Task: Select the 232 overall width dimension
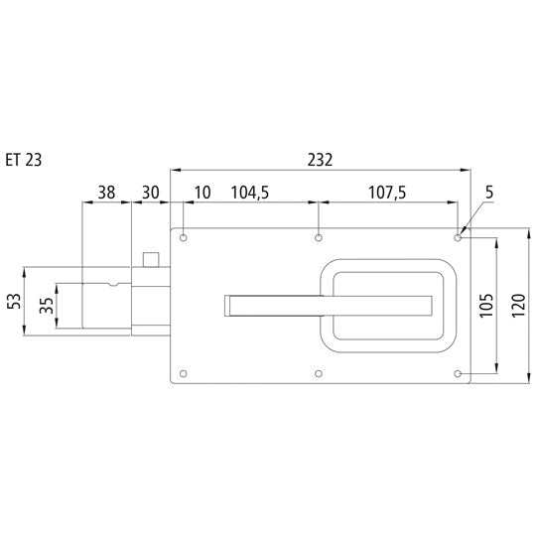(x=320, y=159)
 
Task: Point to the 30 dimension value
(x=152, y=194)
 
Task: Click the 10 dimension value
(x=202, y=194)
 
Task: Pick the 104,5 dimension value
(x=249, y=194)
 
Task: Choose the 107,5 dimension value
(x=386, y=194)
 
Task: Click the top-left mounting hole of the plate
(x=184, y=238)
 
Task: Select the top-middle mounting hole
(x=319, y=238)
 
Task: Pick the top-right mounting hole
(x=457, y=238)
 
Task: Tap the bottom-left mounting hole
(x=184, y=373)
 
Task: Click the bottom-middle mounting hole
(x=319, y=373)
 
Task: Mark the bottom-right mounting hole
(x=457, y=373)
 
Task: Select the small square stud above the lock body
(x=152, y=260)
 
